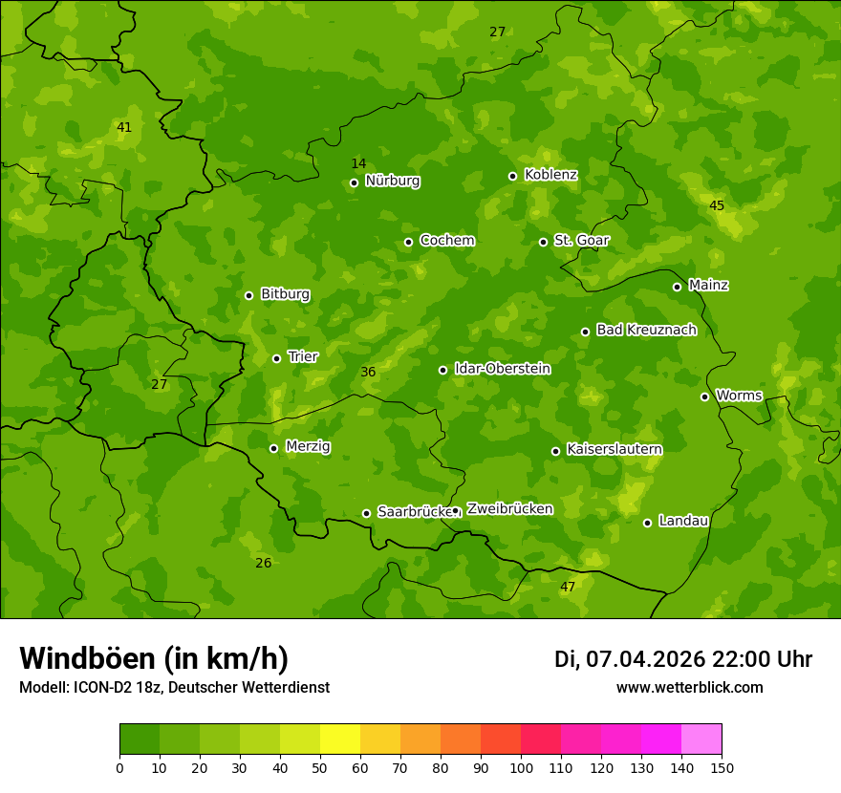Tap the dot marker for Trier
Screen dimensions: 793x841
point(276,358)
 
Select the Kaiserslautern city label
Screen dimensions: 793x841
point(614,449)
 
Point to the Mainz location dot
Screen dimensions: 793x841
point(677,287)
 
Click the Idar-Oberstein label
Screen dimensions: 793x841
point(502,369)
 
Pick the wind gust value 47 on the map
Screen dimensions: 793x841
point(568,587)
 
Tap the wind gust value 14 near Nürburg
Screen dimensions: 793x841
point(358,163)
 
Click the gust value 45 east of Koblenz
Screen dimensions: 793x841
point(717,205)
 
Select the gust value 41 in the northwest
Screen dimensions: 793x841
point(124,127)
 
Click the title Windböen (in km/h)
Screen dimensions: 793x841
point(154,658)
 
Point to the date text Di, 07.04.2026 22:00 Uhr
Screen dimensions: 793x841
point(683,659)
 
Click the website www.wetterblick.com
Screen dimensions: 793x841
point(689,688)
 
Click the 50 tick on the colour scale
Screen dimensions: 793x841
point(320,767)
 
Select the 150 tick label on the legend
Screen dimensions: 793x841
point(722,767)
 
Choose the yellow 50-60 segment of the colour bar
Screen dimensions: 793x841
point(340,739)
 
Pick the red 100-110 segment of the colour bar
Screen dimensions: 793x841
point(541,739)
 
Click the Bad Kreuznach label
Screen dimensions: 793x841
point(646,330)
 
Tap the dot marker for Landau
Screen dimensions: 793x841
point(647,523)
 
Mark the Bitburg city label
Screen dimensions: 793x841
point(285,294)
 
